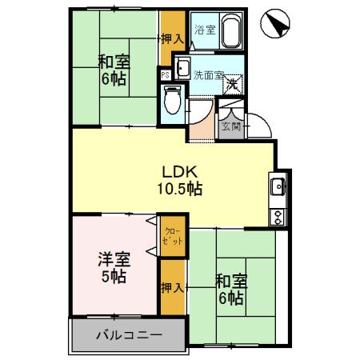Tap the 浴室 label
[x=205, y=31]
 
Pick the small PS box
[x=165, y=75]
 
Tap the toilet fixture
[x=170, y=100]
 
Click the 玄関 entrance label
[x=230, y=126]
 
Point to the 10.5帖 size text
[x=179, y=190]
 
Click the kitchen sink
[x=278, y=188]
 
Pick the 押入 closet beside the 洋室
[x=169, y=286]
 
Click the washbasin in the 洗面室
[x=182, y=68]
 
